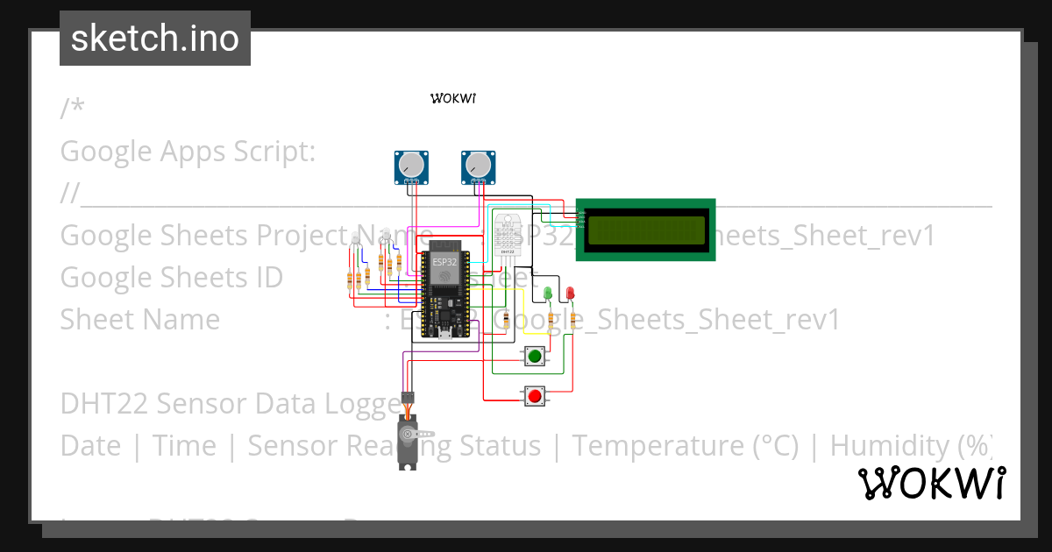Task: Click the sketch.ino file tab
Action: (155, 39)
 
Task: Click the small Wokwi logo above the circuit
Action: (453, 98)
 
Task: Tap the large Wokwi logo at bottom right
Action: (931, 483)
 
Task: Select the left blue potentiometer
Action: (410, 166)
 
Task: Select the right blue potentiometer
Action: (478, 166)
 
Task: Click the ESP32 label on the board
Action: (444, 262)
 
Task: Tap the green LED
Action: (548, 292)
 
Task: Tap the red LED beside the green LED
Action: (570, 292)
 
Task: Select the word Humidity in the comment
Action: (891, 446)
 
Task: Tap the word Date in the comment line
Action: (90, 446)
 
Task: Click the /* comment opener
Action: (73, 109)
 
